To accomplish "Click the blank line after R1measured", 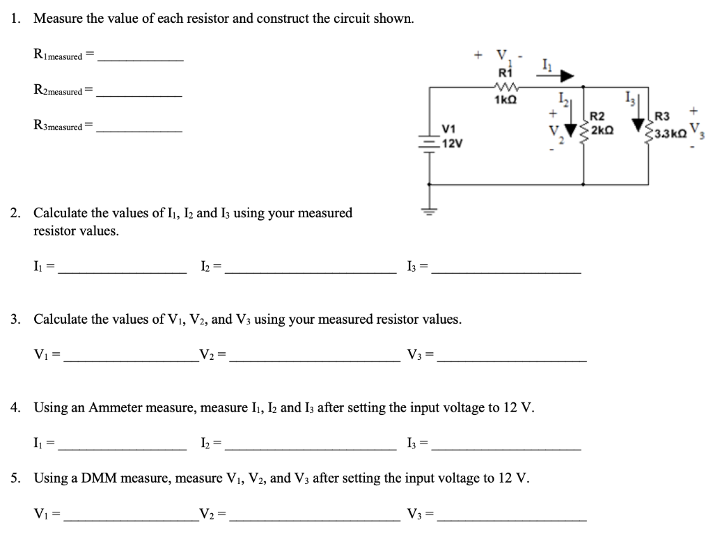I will [141, 61].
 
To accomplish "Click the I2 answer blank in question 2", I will [311, 273].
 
